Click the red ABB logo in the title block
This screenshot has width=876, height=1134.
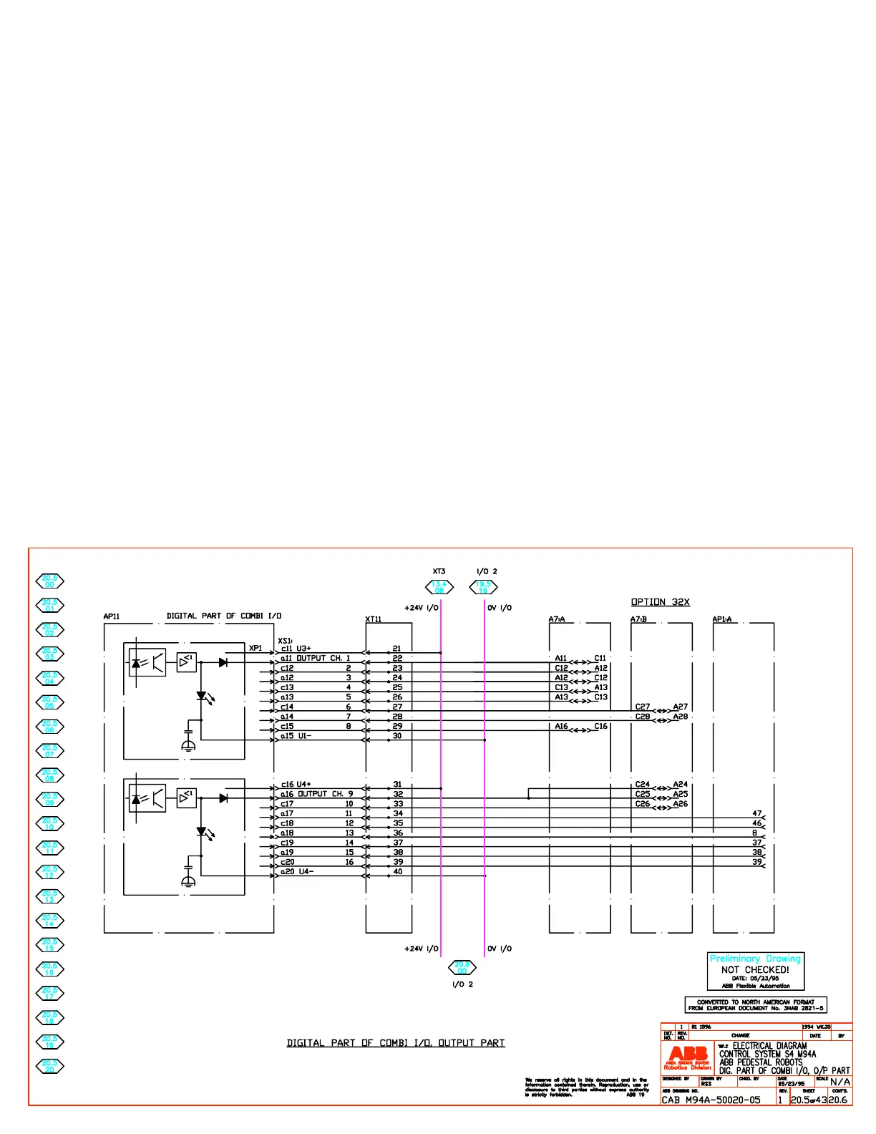pos(688,1057)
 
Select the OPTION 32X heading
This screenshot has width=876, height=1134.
pos(660,602)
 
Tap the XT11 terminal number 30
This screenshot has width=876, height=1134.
pos(397,736)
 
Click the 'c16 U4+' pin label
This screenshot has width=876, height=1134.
pos(296,785)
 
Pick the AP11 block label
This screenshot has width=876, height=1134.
pos(112,616)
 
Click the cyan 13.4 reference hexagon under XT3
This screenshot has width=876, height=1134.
pos(439,587)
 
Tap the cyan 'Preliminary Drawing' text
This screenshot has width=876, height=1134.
pos(755,959)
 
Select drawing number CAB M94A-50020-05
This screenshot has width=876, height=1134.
pos(711,1100)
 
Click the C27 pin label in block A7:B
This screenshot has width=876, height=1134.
pos(643,707)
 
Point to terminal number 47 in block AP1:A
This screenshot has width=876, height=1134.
pos(757,813)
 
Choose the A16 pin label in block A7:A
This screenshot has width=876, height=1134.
pos(562,726)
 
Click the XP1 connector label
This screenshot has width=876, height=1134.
pos(255,648)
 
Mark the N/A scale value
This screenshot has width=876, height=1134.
pos(840,1082)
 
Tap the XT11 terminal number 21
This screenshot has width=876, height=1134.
pos(397,649)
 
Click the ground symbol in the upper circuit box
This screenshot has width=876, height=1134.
pos(188,745)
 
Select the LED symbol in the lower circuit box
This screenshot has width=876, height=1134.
pos(202,832)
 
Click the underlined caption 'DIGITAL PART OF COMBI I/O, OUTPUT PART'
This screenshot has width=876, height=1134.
pos(396,1043)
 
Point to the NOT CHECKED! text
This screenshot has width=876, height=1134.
pos(755,970)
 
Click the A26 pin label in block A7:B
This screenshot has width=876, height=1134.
pos(681,804)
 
